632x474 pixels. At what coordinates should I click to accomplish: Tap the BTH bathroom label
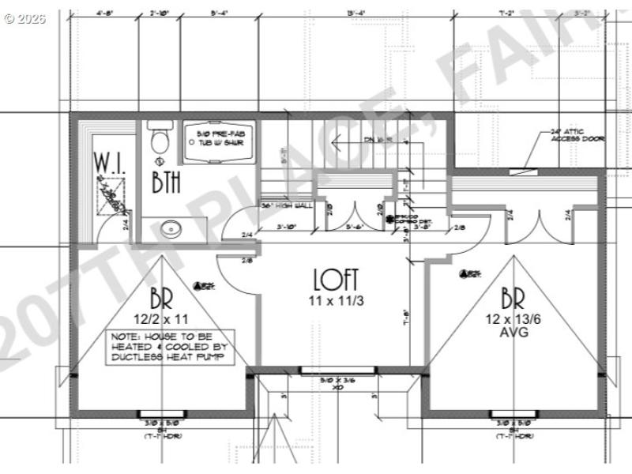point(166,182)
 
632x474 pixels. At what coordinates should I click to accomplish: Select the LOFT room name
point(336,280)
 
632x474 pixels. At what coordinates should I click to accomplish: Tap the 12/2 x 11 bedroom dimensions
point(161,320)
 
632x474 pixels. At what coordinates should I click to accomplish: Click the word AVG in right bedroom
point(507,333)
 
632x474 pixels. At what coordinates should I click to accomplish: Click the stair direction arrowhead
point(334,143)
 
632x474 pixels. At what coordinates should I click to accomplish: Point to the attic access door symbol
point(519,167)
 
